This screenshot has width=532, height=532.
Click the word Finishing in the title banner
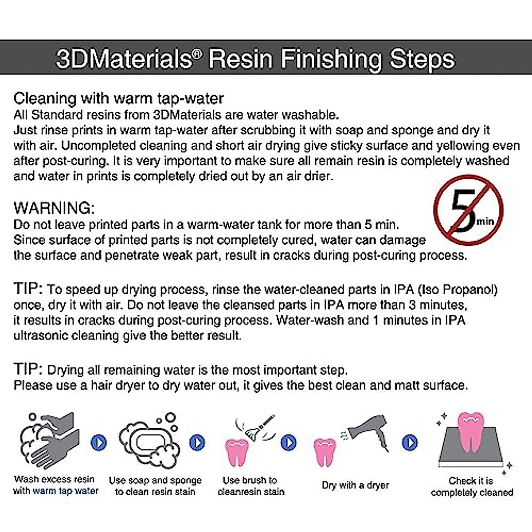(x=331, y=59)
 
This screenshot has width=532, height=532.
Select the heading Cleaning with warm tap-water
(x=118, y=98)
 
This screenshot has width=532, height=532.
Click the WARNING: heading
(x=54, y=208)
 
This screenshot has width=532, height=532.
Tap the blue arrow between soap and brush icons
(x=197, y=442)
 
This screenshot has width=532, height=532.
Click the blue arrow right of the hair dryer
(x=410, y=442)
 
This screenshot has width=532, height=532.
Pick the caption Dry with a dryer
(x=356, y=485)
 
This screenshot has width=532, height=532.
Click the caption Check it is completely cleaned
(x=472, y=487)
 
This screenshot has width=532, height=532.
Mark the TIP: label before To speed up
(x=28, y=289)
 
